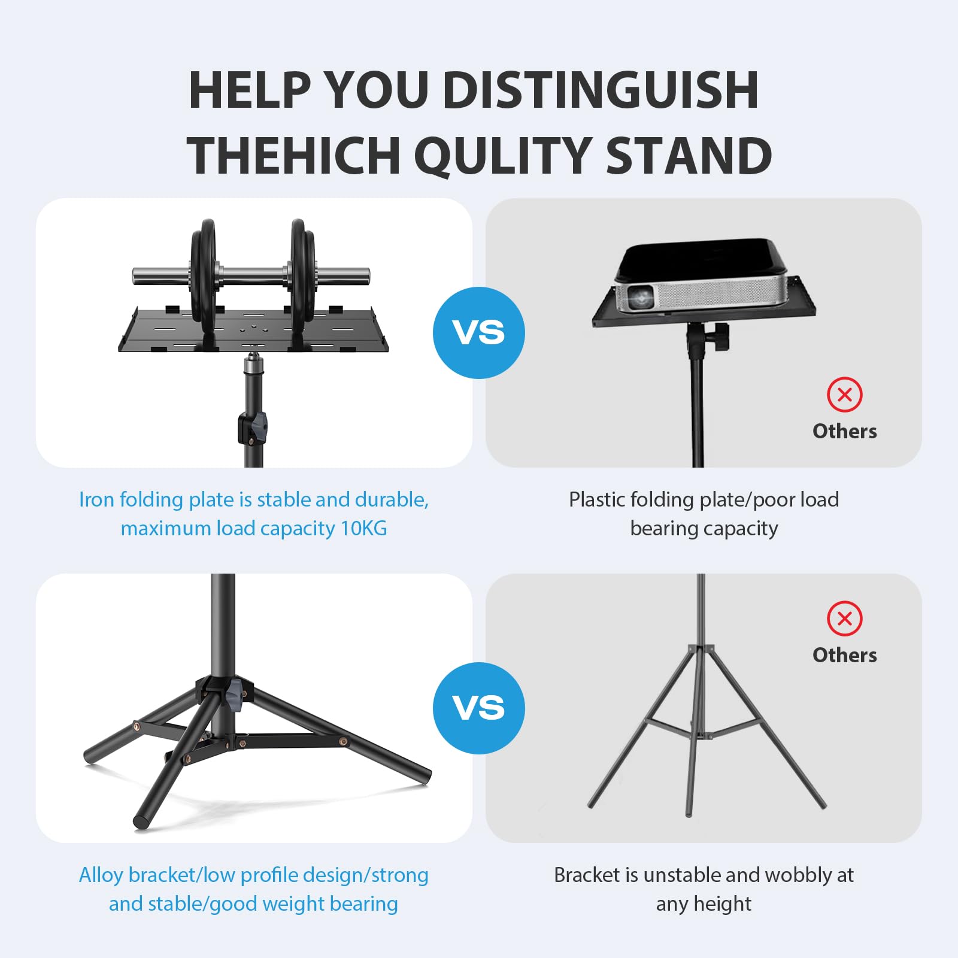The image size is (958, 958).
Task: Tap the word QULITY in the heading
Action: coord(503,156)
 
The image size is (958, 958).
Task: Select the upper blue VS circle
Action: coord(478,333)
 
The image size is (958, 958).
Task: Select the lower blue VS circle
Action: coord(478,708)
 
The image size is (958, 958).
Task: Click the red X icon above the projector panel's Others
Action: coord(844,395)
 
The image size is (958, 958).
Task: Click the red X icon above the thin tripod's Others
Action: coord(844,619)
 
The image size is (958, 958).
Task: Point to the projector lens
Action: coord(640,296)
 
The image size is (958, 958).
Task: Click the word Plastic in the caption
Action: coord(598,499)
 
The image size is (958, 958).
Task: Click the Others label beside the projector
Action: coord(844,431)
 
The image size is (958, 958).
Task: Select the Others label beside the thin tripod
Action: coord(844,655)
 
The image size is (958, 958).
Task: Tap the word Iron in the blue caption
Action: coord(96,499)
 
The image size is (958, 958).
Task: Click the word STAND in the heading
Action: coord(689,156)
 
